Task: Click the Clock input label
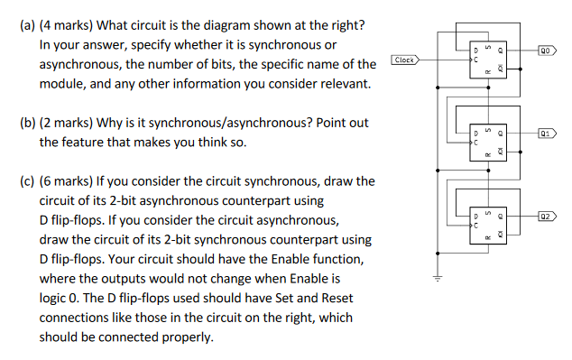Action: click(x=405, y=60)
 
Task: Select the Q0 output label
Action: click(x=547, y=51)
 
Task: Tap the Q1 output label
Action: click(x=547, y=134)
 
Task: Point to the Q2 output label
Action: click(x=547, y=217)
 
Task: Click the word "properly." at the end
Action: click(x=189, y=337)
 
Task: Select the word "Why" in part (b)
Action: click(x=114, y=122)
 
